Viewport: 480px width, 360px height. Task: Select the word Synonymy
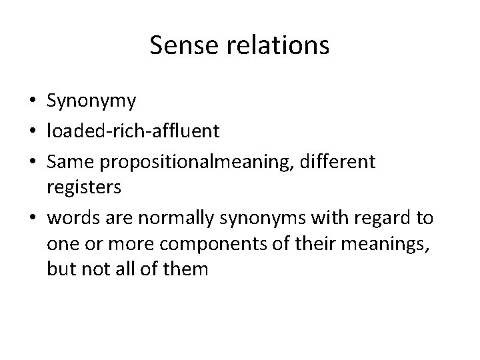coord(92,101)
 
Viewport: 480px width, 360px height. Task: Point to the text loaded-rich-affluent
coord(133,131)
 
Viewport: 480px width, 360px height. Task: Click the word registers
coord(84,188)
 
